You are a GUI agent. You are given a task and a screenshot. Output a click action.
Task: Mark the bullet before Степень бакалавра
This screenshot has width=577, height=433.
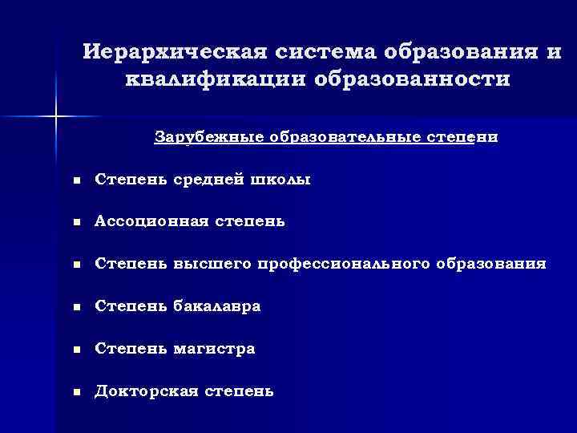point(76,307)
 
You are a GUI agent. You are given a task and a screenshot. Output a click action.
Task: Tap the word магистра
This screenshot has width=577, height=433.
point(215,349)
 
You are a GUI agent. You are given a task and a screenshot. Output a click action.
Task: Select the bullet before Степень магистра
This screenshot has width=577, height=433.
point(76,350)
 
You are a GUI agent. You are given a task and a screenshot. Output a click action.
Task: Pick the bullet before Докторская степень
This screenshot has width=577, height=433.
point(76,392)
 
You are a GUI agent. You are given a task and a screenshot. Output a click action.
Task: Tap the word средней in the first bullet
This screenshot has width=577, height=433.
point(203,180)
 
